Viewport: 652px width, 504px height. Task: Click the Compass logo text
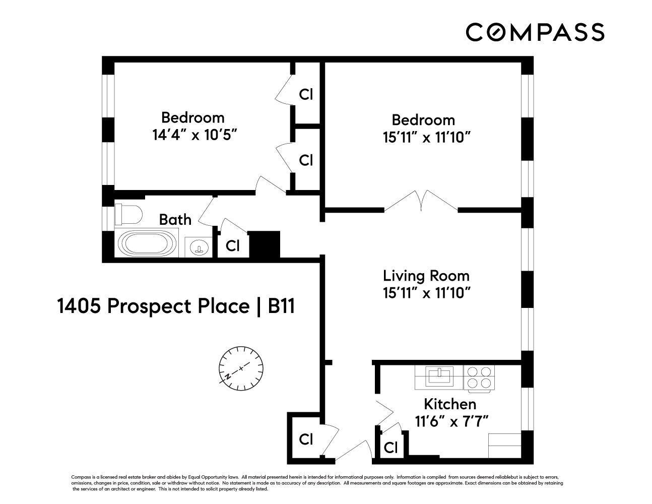pos(535,32)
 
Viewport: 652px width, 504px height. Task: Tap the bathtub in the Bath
pos(147,243)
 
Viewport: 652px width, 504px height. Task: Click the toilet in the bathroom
pos(127,214)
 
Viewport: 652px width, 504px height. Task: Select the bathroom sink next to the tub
pos(199,247)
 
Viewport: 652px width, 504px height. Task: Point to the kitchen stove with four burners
pos(479,377)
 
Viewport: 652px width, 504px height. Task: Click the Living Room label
pos(426,276)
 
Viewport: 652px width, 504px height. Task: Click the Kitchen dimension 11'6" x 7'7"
pos(452,421)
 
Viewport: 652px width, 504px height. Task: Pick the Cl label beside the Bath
pos(232,245)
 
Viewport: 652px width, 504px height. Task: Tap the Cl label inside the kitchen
pos(390,447)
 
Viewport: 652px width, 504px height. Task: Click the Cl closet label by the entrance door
pos(306,439)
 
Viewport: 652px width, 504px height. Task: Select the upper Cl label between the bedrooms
pos(306,94)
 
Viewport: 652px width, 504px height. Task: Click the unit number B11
pos(281,306)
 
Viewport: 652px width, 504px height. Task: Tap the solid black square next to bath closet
pos(265,244)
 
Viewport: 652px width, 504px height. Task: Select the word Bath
pos(175,220)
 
